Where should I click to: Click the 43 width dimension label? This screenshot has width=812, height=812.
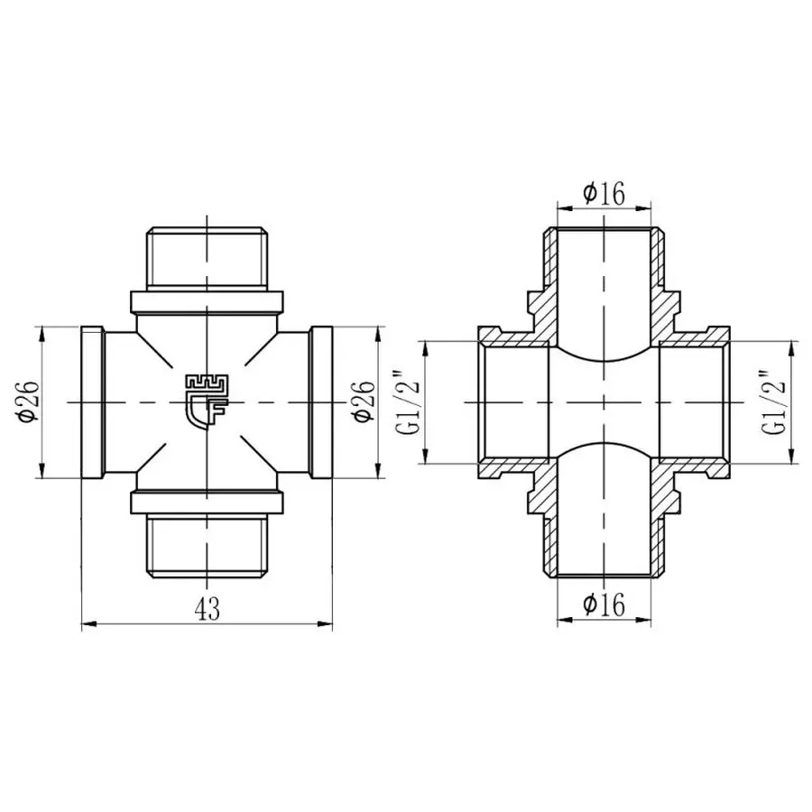tap(207, 609)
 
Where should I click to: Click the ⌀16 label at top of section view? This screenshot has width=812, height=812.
tap(604, 193)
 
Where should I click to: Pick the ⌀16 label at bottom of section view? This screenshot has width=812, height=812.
tap(604, 605)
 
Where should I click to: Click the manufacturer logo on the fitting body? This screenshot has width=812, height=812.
tap(207, 401)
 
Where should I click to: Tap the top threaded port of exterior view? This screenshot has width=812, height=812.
tap(207, 258)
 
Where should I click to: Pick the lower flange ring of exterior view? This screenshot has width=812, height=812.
tap(207, 502)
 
